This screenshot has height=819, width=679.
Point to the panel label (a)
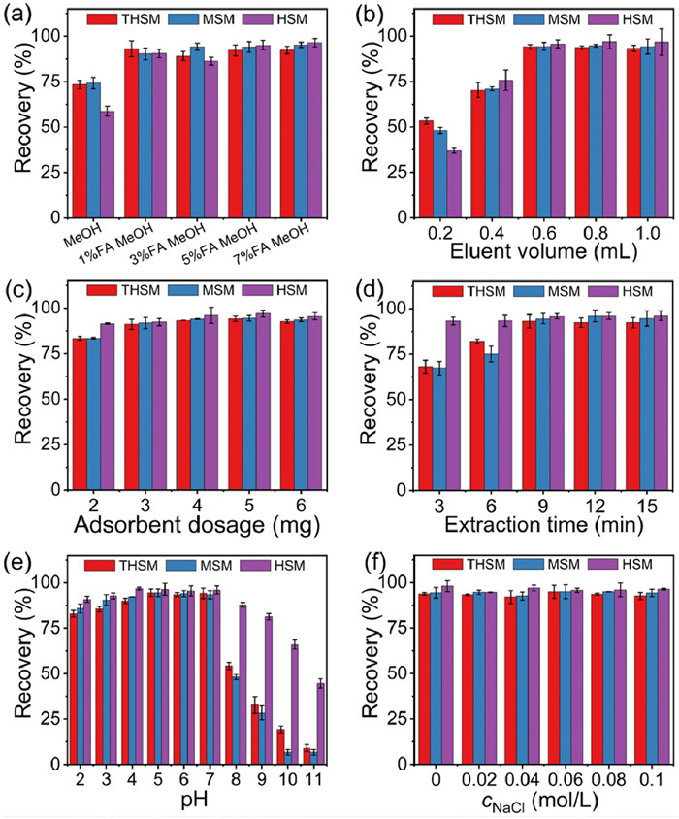click(x=20, y=12)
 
